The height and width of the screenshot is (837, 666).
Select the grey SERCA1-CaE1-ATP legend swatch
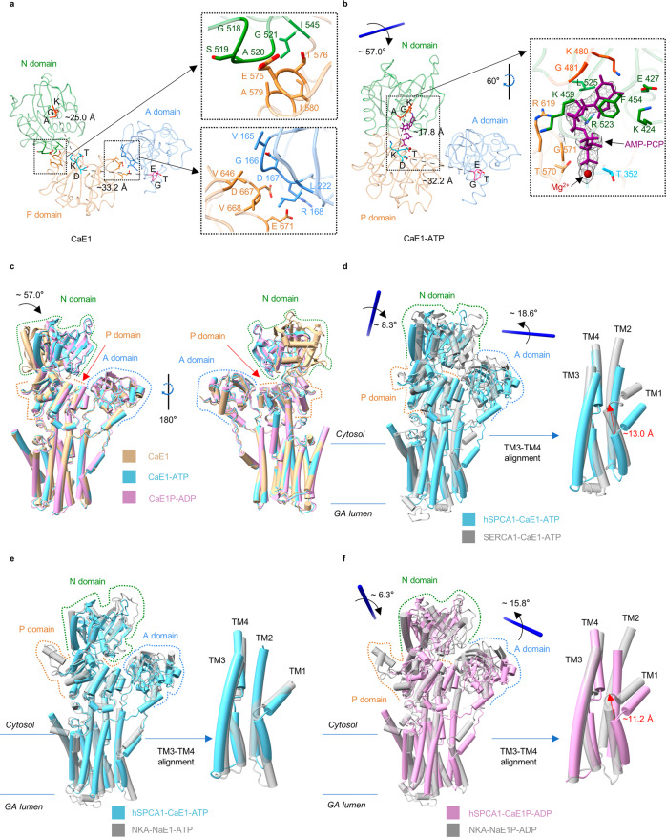click(x=466, y=516)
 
